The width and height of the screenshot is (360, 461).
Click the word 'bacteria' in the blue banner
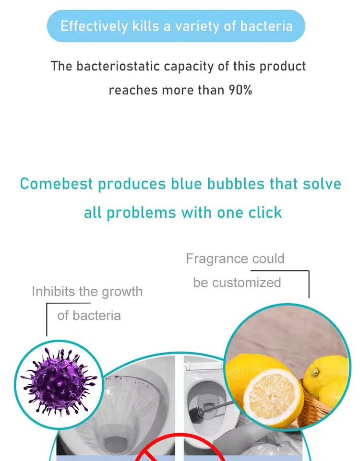266,25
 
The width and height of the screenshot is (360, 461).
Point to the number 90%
240,90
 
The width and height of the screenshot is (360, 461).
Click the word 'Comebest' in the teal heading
56,184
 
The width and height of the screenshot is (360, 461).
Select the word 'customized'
246,283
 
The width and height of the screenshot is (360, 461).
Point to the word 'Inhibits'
51,291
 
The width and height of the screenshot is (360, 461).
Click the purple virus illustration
59,381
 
